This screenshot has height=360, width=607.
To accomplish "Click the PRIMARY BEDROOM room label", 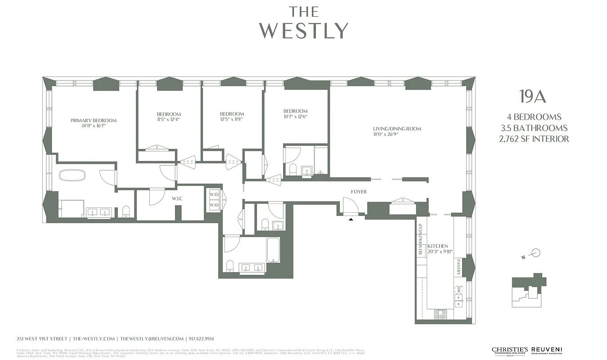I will (94, 120).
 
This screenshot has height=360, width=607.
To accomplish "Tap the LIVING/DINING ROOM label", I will (397, 129).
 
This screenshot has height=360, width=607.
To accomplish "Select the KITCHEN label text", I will (438, 246).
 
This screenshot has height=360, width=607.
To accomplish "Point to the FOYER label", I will (359, 192).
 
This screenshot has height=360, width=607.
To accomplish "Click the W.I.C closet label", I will (177, 198).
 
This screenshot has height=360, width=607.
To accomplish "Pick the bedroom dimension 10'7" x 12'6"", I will (295, 117).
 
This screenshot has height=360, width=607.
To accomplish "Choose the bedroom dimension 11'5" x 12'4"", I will (169, 120).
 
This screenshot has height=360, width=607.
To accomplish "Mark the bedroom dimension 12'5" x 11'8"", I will (232, 120).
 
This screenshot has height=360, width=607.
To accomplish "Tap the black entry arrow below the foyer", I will (351, 219).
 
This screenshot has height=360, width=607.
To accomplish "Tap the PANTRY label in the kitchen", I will (459, 267).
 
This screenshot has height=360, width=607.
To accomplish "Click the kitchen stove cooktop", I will (440, 314).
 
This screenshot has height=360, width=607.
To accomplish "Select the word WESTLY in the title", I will (304, 30).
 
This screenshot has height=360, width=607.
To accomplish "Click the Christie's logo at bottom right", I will (509, 351).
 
